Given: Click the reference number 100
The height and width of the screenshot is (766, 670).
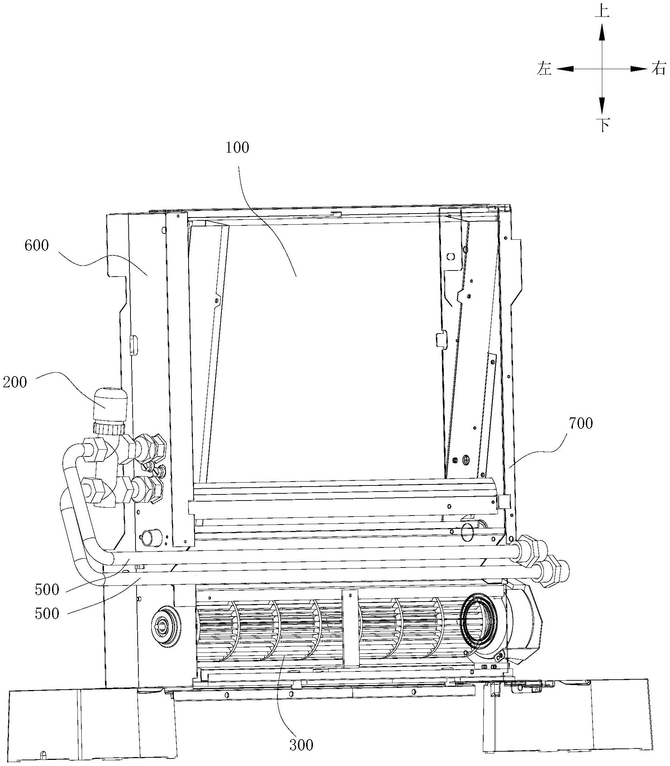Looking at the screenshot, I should pyautogui.click(x=237, y=148).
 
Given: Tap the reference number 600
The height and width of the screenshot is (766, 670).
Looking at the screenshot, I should pyautogui.click(x=37, y=246).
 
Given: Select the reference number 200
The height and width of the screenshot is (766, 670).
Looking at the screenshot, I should pyautogui.click(x=15, y=382).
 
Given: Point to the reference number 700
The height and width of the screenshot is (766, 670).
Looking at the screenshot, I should pyautogui.click(x=581, y=424).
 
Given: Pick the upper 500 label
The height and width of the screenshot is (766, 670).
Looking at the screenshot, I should pyautogui.click(x=47, y=590).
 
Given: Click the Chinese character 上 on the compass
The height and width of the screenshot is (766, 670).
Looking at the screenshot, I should pyautogui.click(x=602, y=11).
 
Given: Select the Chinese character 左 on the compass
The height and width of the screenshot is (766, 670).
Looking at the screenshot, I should pyautogui.click(x=545, y=69).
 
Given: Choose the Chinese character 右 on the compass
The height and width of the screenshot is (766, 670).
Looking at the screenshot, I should pyautogui.click(x=659, y=69).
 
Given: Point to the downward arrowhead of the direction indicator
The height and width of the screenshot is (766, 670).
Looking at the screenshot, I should pyautogui.click(x=602, y=105).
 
